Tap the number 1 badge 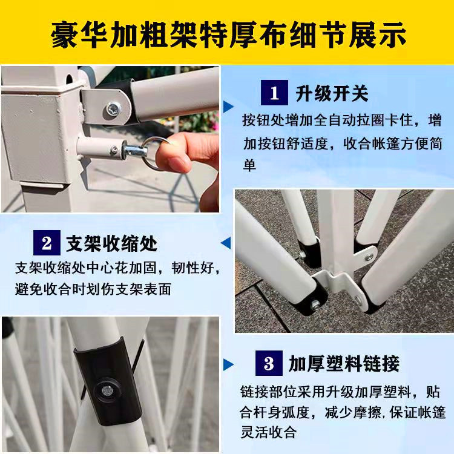tap(274, 93)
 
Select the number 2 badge tap(47, 243)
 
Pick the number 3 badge tap(269, 363)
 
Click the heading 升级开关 tap(332, 93)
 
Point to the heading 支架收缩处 tap(112, 243)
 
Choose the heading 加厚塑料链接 tap(344, 364)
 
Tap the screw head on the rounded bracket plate tap(113, 110)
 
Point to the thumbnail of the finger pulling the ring tap(110, 139)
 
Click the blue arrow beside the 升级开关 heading tap(229, 107)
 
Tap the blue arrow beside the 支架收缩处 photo tap(226, 243)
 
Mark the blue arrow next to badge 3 tap(229, 364)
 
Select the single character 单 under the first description tap(249, 165)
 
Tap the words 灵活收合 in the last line tap(269, 433)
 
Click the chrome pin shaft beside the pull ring tap(135, 150)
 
